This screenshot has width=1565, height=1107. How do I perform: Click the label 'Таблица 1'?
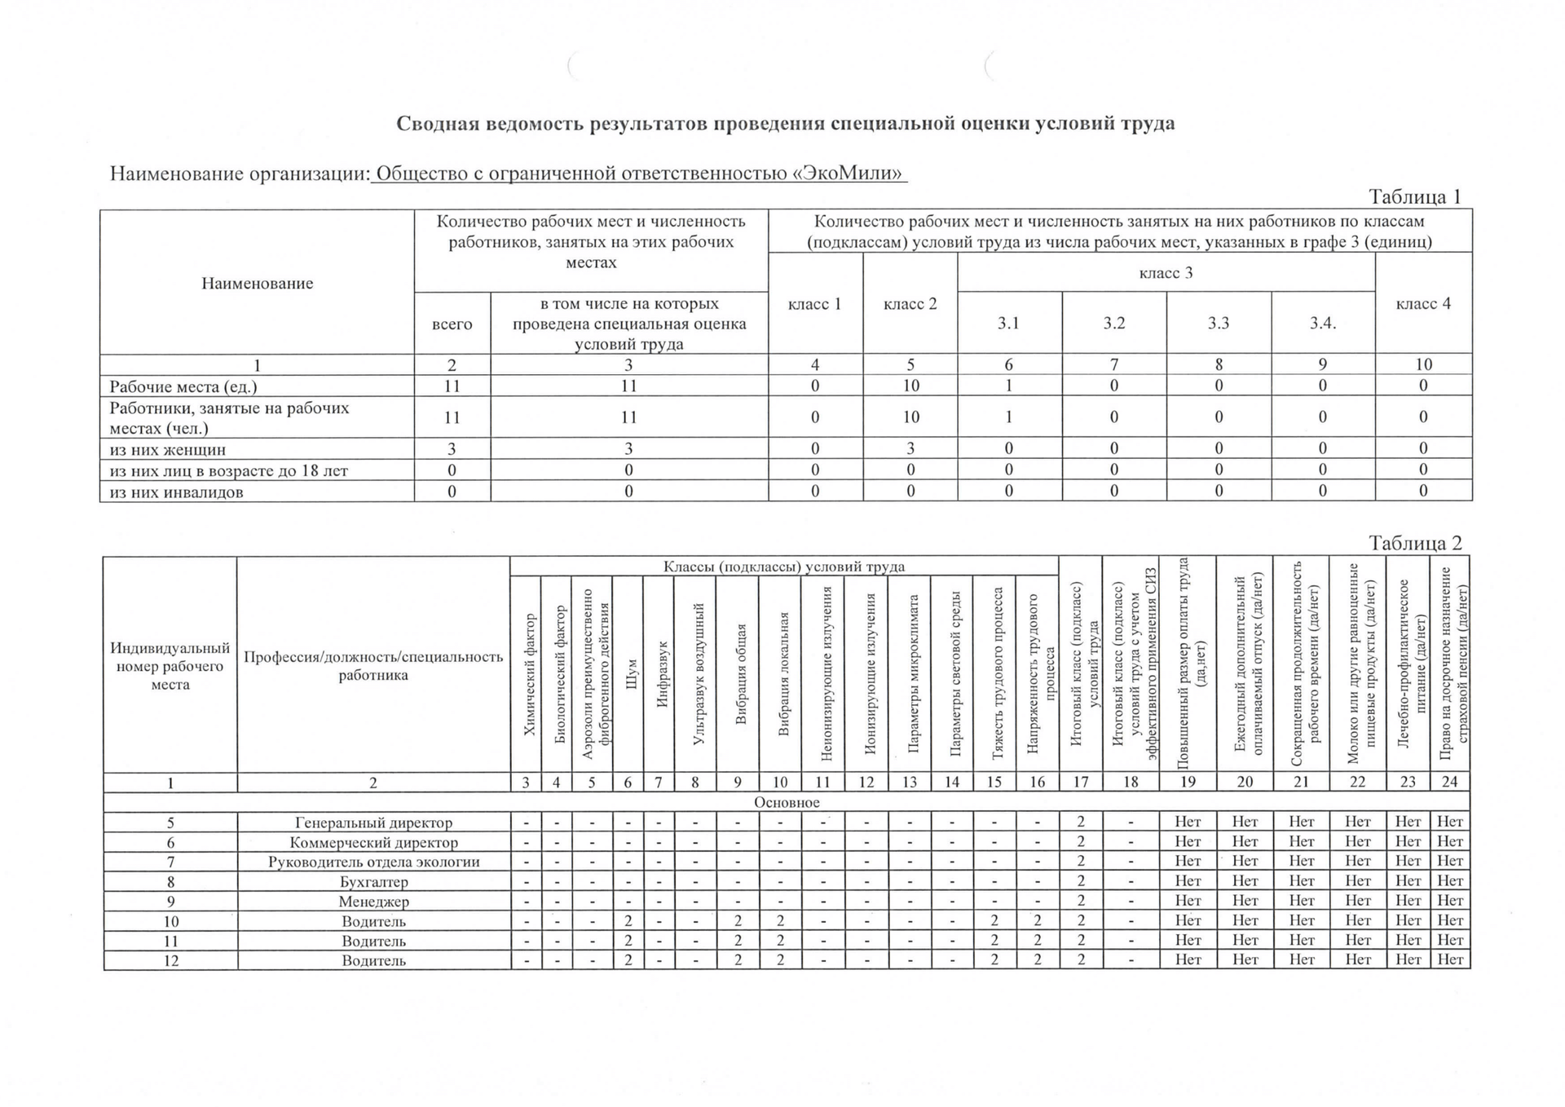pos(1414,197)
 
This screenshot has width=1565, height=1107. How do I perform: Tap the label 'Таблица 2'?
pos(1415,544)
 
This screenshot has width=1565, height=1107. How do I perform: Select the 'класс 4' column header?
pos(1423,303)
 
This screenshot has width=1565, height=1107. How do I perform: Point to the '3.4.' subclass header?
pos(1322,323)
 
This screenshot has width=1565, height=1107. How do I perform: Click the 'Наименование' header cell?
pos(257,283)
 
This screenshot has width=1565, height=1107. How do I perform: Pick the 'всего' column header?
pos(452,324)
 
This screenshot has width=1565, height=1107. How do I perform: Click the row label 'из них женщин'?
pos(168,449)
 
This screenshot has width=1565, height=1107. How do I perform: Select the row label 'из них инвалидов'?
pos(176,492)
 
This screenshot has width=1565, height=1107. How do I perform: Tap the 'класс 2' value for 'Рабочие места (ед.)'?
pos(910,386)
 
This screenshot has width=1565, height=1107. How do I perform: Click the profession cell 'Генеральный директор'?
pos(373,823)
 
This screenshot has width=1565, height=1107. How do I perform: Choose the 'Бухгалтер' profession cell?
pos(373,881)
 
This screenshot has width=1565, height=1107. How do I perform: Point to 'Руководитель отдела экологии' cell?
pos(373,862)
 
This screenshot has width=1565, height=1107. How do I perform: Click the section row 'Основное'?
pos(787,802)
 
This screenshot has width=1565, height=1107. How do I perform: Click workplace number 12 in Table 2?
pos(170,960)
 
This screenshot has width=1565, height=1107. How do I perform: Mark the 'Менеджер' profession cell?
pos(373,902)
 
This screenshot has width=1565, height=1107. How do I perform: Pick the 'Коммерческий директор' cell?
pos(373,842)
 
